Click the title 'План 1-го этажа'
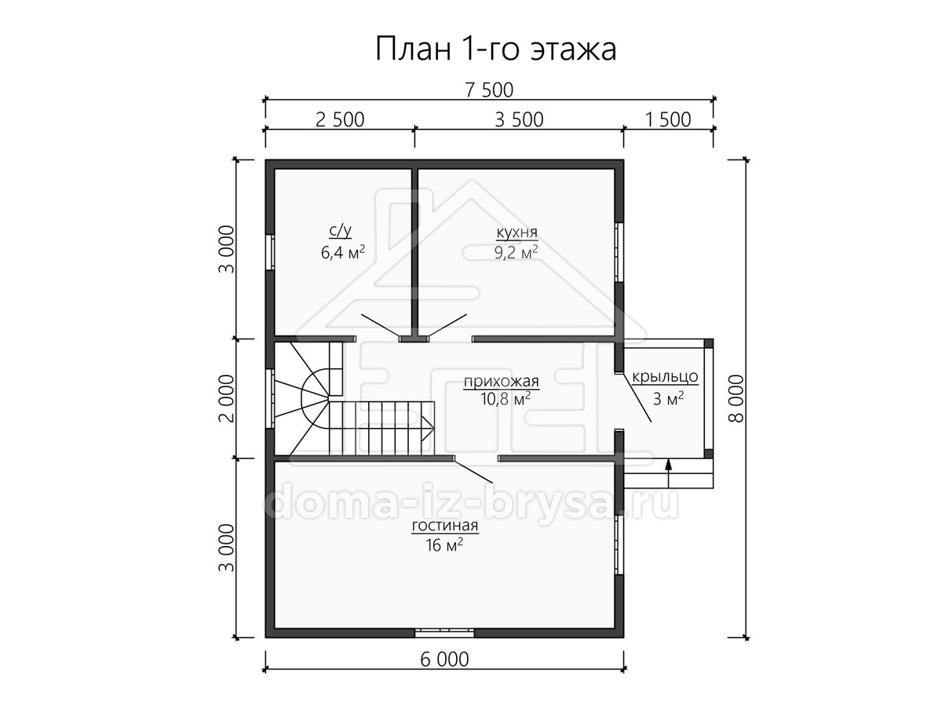[x=495, y=49]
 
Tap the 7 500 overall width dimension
[x=489, y=90]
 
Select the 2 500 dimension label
[x=340, y=119]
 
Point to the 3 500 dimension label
[x=519, y=119]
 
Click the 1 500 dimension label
[x=668, y=119]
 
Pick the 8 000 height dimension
[x=736, y=399]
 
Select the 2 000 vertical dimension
[x=227, y=399]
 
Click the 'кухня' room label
[x=517, y=233]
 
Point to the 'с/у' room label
[x=341, y=231]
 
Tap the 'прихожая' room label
[x=502, y=381]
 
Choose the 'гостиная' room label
[x=445, y=526]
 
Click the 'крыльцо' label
[x=665, y=377]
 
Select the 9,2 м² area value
[x=517, y=253]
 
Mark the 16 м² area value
[x=444, y=545]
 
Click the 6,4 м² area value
[x=343, y=252]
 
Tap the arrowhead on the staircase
[x=428, y=428]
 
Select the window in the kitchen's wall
[x=619, y=252]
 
